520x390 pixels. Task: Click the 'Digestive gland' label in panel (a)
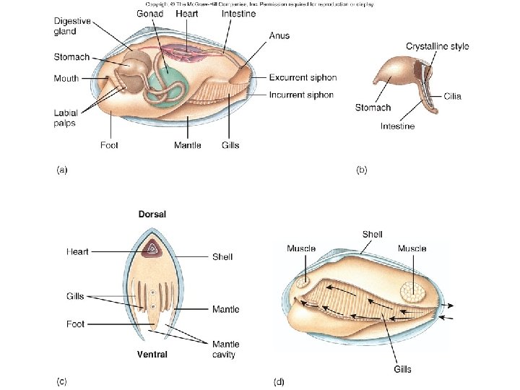point(71,26)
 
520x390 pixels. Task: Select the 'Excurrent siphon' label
point(303,77)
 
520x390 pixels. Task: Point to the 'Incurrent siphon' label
point(301,95)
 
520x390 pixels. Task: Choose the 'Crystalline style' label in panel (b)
point(437,46)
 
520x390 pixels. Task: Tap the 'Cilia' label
point(453,96)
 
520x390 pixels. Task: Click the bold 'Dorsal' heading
point(152,214)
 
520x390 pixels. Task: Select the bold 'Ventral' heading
point(152,354)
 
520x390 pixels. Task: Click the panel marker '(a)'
point(62,170)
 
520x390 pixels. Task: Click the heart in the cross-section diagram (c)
point(152,250)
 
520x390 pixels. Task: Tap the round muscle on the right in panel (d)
point(413,292)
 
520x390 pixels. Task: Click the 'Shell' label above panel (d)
point(372,234)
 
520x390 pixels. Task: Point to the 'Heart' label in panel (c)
point(77,251)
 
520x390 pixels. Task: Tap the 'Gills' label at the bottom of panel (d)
point(402,369)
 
